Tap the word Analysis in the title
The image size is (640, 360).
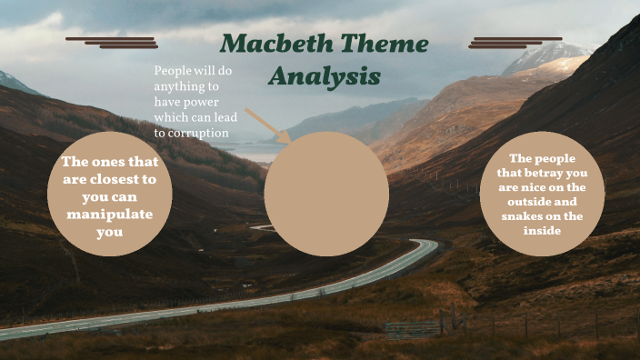pyautogui.click(x=325, y=76)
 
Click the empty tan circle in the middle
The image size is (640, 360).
pyautogui.click(x=326, y=194)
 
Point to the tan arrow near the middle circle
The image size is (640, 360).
pyautogui.click(x=268, y=126)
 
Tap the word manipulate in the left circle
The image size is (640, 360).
pyautogui.click(x=109, y=215)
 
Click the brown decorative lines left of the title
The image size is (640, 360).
pyautogui.click(x=112, y=43)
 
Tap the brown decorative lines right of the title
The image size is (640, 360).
pyautogui.click(x=515, y=43)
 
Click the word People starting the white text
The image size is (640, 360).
pyautogui.click(x=172, y=70)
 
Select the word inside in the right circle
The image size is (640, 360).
pyautogui.click(x=542, y=231)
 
